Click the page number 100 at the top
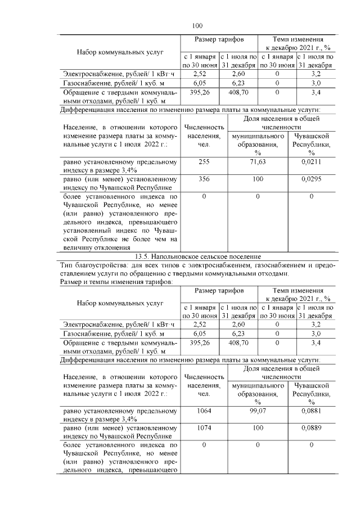[x=197, y=25]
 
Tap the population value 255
[x=204, y=162]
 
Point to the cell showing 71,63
[x=258, y=162]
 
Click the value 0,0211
[x=312, y=162]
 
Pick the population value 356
[x=204, y=179]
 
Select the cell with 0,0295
[x=312, y=179]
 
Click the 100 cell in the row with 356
[x=258, y=179]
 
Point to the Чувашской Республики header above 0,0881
[x=312, y=394]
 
